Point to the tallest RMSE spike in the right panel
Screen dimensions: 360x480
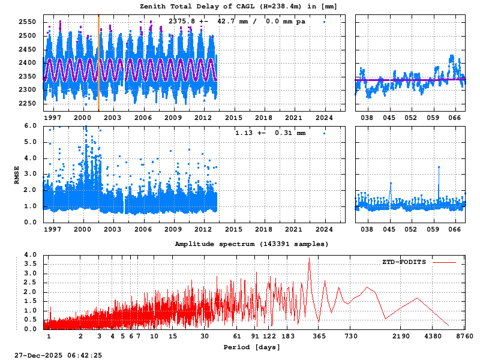[439, 167]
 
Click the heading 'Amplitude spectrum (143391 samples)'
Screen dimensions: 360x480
[252, 244]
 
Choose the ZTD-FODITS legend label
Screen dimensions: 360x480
[404, 262]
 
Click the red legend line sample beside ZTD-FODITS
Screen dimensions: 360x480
[443, 262]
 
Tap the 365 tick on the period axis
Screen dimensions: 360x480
[319, 337]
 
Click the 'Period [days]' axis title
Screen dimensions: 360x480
[252, 347]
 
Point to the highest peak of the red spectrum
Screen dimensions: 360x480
[310, 259]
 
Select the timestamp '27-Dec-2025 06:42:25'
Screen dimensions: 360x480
[59, 355]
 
